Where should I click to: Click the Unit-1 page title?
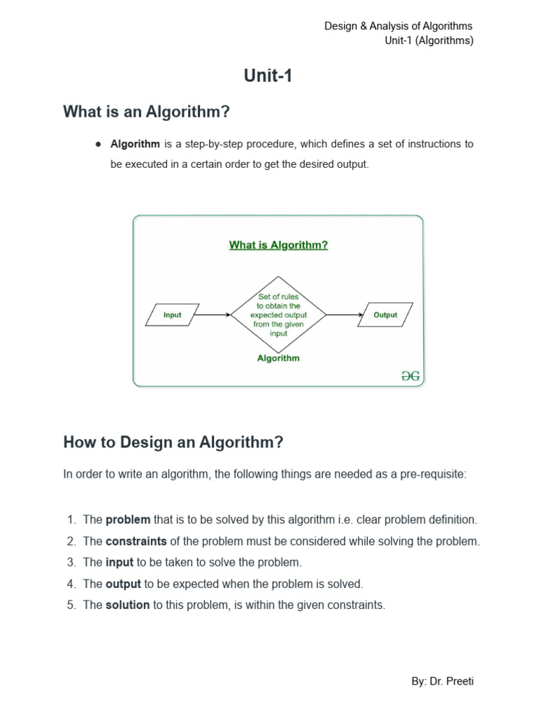(268, 76)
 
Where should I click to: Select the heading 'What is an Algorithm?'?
(146, 112)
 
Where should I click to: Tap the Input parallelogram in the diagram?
(172, 315)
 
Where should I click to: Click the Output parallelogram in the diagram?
(385, 315)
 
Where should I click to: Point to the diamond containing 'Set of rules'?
(278, 315)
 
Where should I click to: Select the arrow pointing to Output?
(345, 315)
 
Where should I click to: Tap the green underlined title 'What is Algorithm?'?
(278, 245)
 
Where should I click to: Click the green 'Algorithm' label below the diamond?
(278, 358)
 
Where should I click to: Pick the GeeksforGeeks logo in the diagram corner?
(410, 375)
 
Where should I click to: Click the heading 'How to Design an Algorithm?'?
(173, 442)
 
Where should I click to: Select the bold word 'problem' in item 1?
(128, 520)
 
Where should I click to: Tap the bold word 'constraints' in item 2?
(136, 541)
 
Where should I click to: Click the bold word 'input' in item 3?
(120, 562)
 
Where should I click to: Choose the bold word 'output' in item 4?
(123, 584)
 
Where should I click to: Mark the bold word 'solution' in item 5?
(127, 605)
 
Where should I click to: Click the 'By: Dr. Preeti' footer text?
(443, 681)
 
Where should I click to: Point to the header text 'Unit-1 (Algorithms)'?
(429, 41)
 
